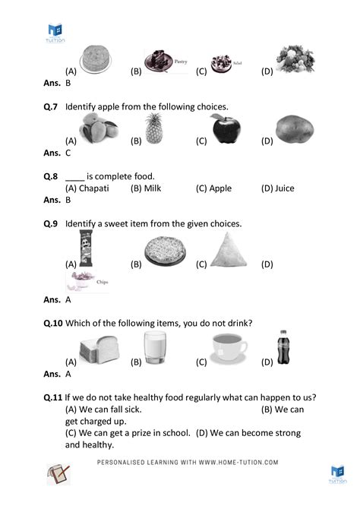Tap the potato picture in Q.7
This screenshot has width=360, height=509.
tap(292, 129)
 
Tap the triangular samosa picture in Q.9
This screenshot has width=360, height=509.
tap(227, 251)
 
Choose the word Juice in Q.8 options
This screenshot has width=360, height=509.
tap(285, 188)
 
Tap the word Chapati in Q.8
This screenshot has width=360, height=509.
tap(99, 188)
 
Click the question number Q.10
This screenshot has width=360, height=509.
tap(52, 323)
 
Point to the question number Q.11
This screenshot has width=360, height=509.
tap(52, 397)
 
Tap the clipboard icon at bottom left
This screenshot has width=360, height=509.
tap(57, 474)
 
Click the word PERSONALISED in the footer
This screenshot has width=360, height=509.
tap(125, 462)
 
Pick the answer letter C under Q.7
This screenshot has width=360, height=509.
tap(68, 153)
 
